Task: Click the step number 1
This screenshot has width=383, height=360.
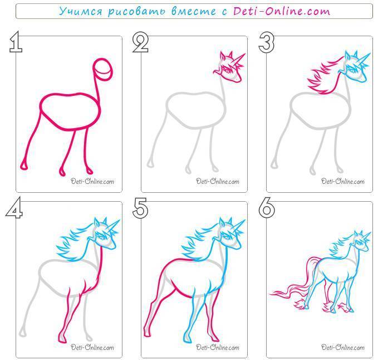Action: [16, 42]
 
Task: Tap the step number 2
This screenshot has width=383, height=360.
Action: [140, 42]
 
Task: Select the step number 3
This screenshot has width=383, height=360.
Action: [267, 42]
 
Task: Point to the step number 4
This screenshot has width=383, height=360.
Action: [14, 207]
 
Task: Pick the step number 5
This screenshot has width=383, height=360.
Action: [140, 208]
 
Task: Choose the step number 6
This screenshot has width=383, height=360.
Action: [267, 208]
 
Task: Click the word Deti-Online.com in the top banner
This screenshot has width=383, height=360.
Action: [282, 11]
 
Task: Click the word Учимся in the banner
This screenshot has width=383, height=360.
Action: [81, 11]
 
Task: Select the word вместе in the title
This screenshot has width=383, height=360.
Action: [194, 11]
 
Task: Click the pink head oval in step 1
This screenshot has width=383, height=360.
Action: [103, 69]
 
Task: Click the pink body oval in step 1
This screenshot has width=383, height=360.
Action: [70, 111]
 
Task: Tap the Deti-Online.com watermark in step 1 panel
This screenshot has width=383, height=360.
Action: [92, 182]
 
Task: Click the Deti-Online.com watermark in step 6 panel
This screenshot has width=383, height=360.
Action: [343, 347]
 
